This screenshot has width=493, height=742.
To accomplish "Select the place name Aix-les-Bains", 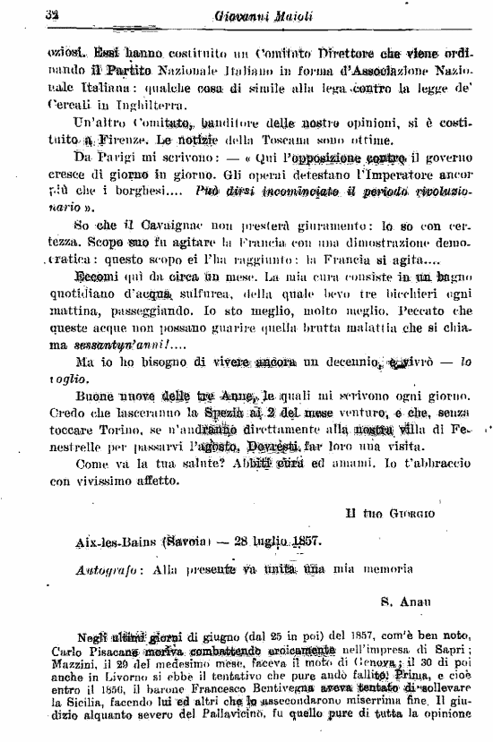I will pyautogui.click(x=97, y=567).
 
